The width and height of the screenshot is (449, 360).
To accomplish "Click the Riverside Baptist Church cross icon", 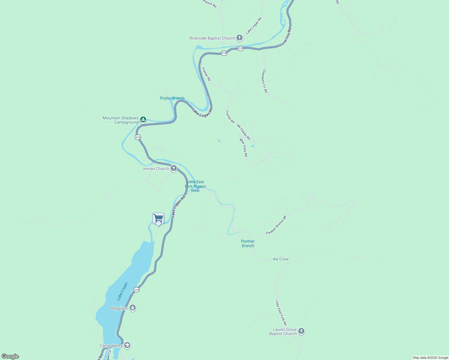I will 239,38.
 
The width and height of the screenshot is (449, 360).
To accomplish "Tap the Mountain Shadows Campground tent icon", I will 143,120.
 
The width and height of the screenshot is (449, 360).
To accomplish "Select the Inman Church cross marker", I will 173,168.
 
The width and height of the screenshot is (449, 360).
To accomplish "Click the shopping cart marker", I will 158,219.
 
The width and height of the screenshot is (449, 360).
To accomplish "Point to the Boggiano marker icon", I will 133,308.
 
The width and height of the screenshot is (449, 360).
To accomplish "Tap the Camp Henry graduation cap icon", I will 127,345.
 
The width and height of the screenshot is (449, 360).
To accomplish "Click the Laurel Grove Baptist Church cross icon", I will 301,331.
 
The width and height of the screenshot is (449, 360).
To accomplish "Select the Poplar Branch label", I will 172,98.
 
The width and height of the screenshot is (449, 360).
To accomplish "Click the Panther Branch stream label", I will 248,243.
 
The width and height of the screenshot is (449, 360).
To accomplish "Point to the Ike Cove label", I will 281,259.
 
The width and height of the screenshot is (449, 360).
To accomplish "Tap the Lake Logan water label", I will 122,291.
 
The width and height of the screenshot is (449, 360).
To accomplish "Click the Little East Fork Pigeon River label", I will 195,186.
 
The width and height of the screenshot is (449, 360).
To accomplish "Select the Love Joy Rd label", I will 285,37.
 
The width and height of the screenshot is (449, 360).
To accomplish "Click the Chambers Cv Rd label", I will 265,81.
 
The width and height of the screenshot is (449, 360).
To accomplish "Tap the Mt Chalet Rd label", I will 243,132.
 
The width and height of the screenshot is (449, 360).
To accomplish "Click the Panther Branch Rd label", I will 276,225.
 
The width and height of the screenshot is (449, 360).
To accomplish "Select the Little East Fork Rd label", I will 281,313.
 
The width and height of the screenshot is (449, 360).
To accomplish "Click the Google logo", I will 10,356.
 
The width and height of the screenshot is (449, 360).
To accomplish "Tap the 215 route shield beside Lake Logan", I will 136,289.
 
